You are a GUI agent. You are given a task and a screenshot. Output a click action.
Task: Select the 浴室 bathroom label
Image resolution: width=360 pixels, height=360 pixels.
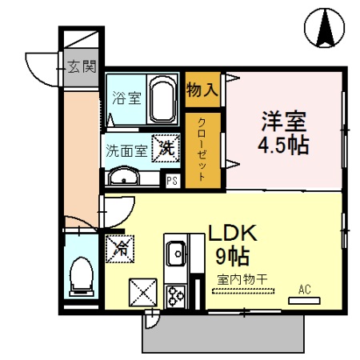(126, 99)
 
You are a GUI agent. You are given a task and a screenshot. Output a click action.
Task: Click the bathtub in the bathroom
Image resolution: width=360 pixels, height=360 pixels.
(163, 99)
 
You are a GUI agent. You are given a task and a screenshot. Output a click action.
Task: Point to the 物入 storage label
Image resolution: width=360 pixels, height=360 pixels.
(202, 88)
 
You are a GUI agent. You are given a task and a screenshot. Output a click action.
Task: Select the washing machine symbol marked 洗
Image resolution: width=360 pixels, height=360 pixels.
(166, 146)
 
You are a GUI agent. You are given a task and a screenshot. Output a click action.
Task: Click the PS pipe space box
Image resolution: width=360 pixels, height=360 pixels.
(171, 180)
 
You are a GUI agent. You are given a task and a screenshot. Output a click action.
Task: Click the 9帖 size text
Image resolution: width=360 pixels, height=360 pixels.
(232, 256)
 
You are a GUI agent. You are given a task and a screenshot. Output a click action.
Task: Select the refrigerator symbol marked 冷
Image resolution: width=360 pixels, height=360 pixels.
(119, 249)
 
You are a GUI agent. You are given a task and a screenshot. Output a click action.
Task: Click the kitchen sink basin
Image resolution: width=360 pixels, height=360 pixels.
(176, 255)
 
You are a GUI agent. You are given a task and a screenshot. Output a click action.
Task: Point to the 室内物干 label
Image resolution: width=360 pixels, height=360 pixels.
(242, 280)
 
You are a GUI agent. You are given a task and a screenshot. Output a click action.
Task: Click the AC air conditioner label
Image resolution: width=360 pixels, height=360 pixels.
(305, 290)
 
